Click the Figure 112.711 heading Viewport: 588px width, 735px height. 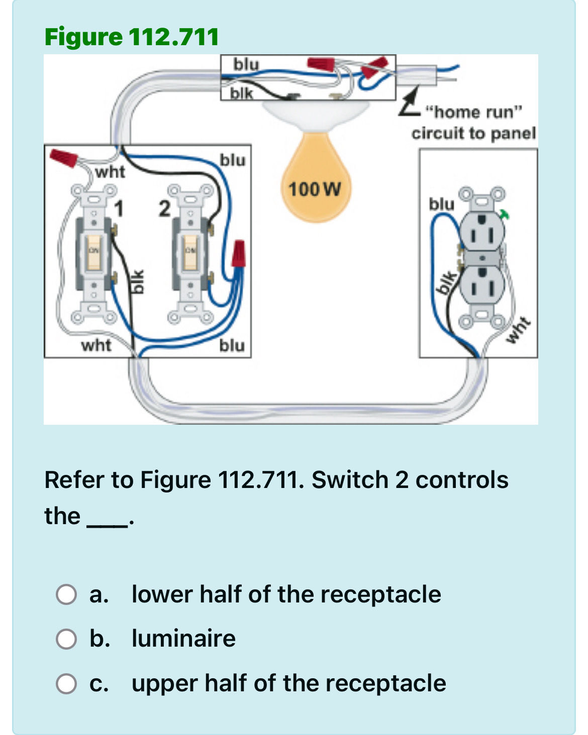pos(132,37)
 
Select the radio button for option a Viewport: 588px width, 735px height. pos(66,594)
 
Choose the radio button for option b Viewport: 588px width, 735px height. pos(66,639)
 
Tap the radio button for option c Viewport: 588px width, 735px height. pos(66,684)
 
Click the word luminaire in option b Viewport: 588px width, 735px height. pos(183,639)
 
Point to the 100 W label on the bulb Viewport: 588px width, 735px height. pos(315,189)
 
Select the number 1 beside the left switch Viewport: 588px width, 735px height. pos(119,208)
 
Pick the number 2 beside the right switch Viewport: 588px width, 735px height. pos(164,208)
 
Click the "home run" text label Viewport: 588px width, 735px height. pos(474,111)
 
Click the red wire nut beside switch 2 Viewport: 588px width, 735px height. pos(238,254)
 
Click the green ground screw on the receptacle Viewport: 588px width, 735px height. pos(505,214)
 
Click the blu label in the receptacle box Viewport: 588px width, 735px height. pos(441,204)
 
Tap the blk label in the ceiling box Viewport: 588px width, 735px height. pos(242,93)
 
